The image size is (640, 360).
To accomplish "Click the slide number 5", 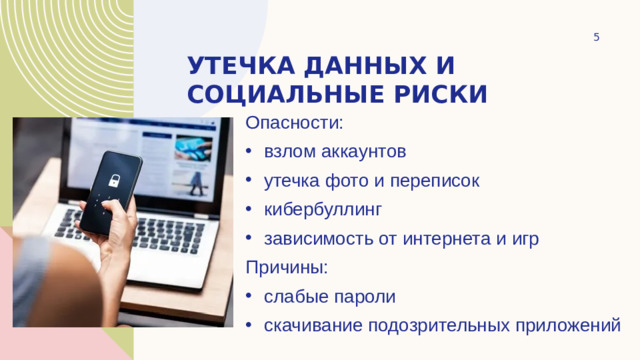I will (596, 37).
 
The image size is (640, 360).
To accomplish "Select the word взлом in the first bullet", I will (288, 153).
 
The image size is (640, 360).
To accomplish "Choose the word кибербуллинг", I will (323, 211).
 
